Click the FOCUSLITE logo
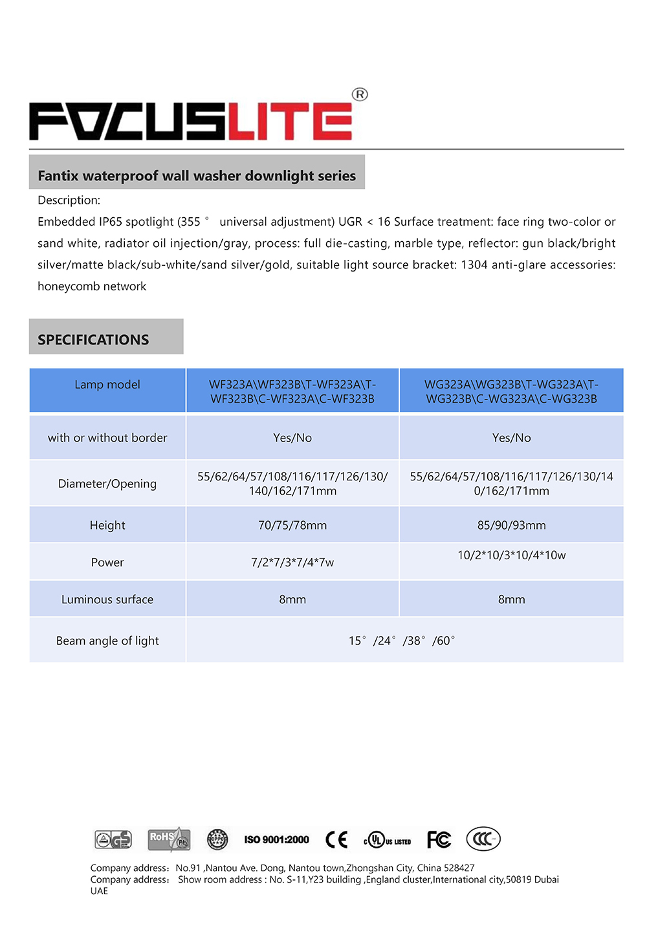click(191, 121)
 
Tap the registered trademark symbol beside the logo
click(360, 94)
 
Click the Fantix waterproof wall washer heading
click(197, 176)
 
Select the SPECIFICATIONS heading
click(93, 339)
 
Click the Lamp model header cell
click(107, 385)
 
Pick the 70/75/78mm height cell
click(292, 525)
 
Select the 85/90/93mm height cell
click(511, 525)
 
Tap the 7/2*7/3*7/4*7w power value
click(292, 563)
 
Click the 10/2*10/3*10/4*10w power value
click(511, 555)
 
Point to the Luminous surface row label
click(107, 599)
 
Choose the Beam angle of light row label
click(107, 641)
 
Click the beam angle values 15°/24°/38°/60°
click(402, 641)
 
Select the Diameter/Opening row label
click(107, 484)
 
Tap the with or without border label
click(107, 438)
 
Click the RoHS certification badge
click(169, 839)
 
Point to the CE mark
click(336, 839)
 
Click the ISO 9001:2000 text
click(276, 840)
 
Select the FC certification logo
click(439, 839)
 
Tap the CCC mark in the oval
click(483, 839)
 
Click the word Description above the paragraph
click(69, 200)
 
